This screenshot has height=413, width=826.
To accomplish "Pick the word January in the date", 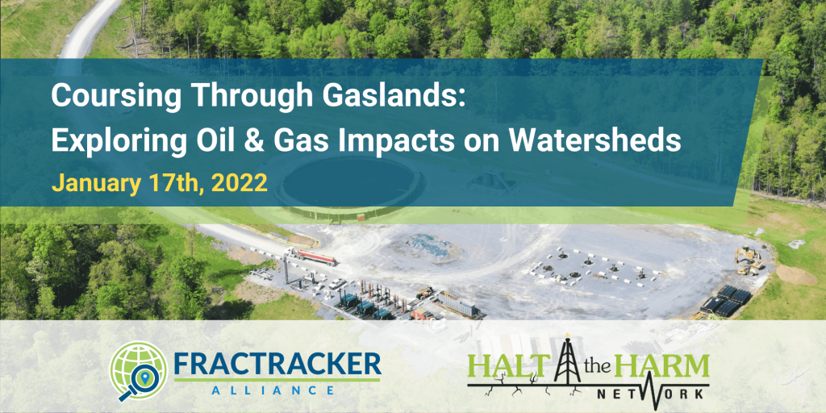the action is [x=90, y=184].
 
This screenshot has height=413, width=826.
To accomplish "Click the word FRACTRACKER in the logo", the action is [x=277, y=363].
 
